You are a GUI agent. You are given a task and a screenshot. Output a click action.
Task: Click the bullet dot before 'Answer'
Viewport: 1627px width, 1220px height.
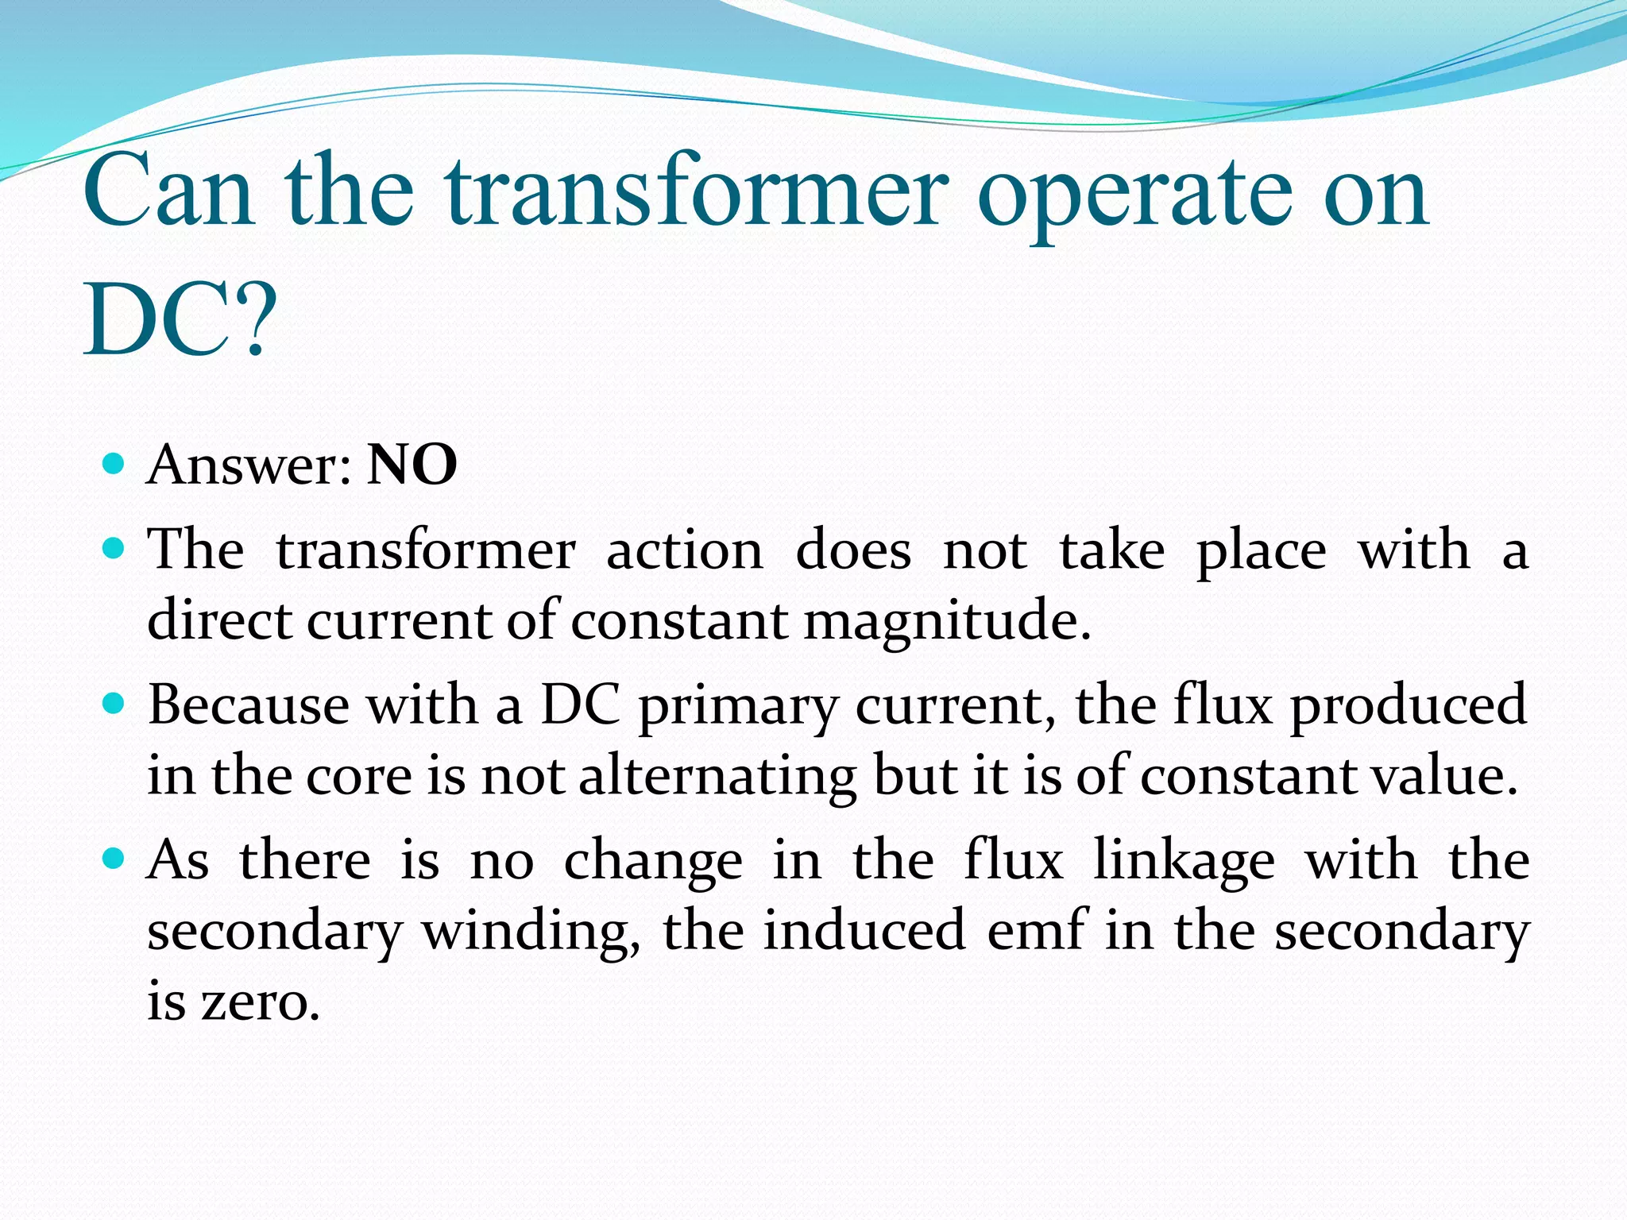coord(114,463)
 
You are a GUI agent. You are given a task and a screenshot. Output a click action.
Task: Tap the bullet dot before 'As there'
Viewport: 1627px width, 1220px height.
coord(114,859)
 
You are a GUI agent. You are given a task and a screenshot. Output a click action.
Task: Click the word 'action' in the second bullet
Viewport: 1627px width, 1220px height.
coord(685,550)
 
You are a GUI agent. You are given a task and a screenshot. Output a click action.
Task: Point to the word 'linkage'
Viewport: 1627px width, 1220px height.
coord(1184,863)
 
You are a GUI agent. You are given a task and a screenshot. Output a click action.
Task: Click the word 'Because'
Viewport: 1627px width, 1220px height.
coord(249,705)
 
